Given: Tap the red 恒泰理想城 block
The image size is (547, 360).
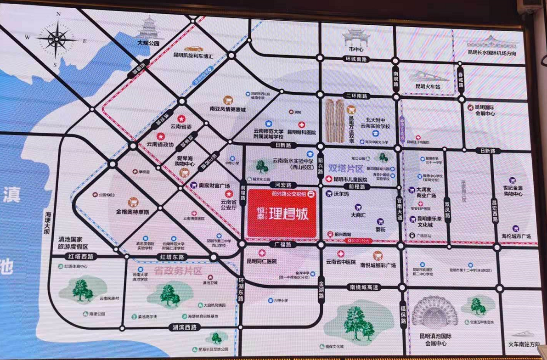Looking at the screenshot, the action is click(282, 214).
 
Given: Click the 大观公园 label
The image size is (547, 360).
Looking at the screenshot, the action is click(148, 43).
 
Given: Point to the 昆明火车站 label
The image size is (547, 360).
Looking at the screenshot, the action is click(428, 86).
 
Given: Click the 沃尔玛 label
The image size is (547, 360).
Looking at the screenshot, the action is click(341, 194).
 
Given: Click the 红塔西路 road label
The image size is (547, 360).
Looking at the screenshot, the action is click(80, 256).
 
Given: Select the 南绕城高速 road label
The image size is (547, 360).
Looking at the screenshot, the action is click(363, 287).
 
